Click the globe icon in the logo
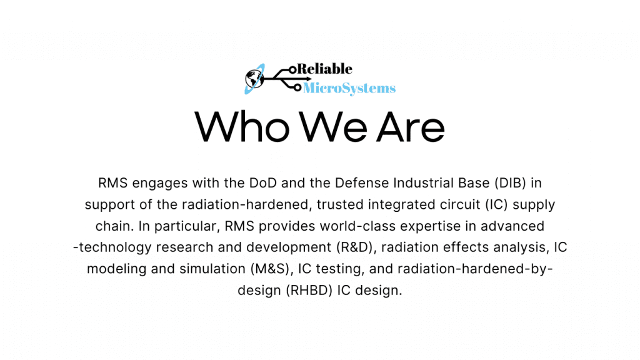pyautogui.click(x=254, y=78)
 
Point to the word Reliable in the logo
pyautogui.click(x=325, y=69)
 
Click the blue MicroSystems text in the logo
pyautogui.click(x=349, y=88)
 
